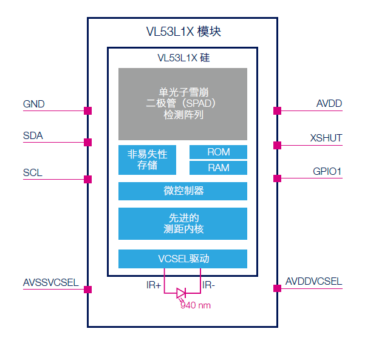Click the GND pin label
[x=34, y=104]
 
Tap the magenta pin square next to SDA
[x=87, y=142]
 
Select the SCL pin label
[x=33, y=173]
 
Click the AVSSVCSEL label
[x=50, y=282]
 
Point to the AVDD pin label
[x=329, y=103]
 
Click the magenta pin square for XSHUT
[x=277, y=145]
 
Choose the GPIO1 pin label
[x=327, y=172]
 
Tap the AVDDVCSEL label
[x=314, y=282]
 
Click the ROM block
[x=218, y=152]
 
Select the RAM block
[x=218, y=168]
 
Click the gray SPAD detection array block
[x=182, y=104]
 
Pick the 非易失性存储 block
[x=147, y=160]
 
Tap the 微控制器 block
[x=182, y=191]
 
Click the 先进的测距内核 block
[x=182, y=223]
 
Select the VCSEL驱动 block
[x=182, y=259]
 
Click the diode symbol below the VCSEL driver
[x=181, y=293]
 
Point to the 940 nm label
[x=196, y=305]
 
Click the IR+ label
[x=154, y=285]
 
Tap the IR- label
[x=209, y=285]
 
